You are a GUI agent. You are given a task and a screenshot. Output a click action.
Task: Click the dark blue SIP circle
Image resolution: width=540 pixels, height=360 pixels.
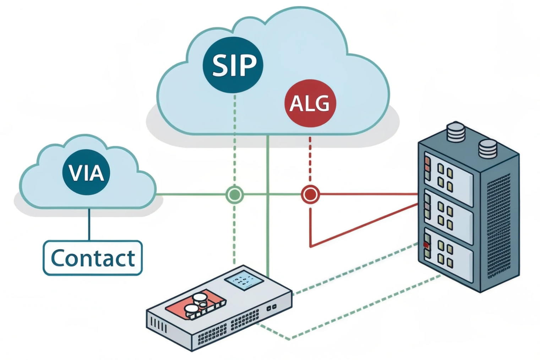tap(233, 65)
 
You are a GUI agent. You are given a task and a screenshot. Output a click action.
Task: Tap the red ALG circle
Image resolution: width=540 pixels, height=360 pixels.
tap(310, 103)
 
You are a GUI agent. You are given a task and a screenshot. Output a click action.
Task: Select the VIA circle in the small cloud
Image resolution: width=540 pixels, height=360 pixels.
tap(86, 172)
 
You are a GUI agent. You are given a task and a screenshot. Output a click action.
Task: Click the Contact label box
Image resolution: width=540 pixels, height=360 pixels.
tap(93, 258)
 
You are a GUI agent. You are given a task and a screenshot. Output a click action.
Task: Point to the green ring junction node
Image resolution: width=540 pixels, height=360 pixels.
tap(234, 195)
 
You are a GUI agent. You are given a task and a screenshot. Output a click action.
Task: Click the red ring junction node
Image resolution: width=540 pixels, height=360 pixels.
tap(310, 195)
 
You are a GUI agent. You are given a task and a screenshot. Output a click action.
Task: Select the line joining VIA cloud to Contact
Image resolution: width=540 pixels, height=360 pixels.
tap(89, 224)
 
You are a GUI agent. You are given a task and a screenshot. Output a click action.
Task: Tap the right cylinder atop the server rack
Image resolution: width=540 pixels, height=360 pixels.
tap(488, 148)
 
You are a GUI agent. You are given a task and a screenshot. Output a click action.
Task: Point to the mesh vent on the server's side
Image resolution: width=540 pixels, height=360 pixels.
tap(498, 227)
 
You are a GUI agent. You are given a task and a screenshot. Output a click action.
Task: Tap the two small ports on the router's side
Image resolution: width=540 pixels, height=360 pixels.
tap(271, 308)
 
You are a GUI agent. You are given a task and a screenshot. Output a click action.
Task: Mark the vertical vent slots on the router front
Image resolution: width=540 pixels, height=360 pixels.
tap(158, 324)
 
